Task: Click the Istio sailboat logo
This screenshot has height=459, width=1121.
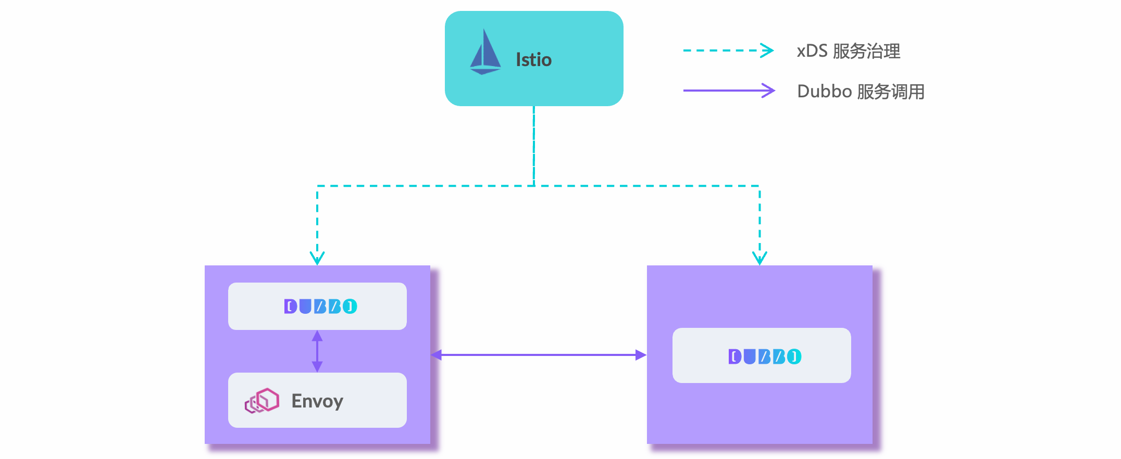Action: (485, 53)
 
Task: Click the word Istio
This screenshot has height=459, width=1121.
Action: (533, 60)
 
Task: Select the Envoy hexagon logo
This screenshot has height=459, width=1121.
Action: (262, 401)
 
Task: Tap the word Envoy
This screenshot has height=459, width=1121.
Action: (317, 401)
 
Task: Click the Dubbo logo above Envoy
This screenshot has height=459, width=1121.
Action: (320, 307)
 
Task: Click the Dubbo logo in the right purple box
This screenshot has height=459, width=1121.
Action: (765, 356)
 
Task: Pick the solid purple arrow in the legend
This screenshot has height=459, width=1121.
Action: (729, 91)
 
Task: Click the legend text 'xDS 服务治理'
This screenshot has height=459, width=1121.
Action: (849, 51)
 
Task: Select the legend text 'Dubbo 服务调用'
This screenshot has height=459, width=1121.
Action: (861, 92)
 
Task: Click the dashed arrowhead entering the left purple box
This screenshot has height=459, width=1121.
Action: (317, 258)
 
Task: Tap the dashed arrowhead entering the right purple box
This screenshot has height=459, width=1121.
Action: (759, 258)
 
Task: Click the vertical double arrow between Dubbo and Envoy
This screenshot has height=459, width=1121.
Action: (317, 351)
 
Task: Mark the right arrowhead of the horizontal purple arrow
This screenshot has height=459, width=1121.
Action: (641, 355)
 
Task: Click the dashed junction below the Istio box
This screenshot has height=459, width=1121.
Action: (534, 186)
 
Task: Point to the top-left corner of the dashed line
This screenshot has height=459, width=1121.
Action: (317, 186)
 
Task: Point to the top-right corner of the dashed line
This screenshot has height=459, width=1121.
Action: (759, 186)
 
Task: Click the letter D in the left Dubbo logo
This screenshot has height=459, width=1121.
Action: (291, 307)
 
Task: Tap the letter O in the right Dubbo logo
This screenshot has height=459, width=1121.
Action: (794, 356)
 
